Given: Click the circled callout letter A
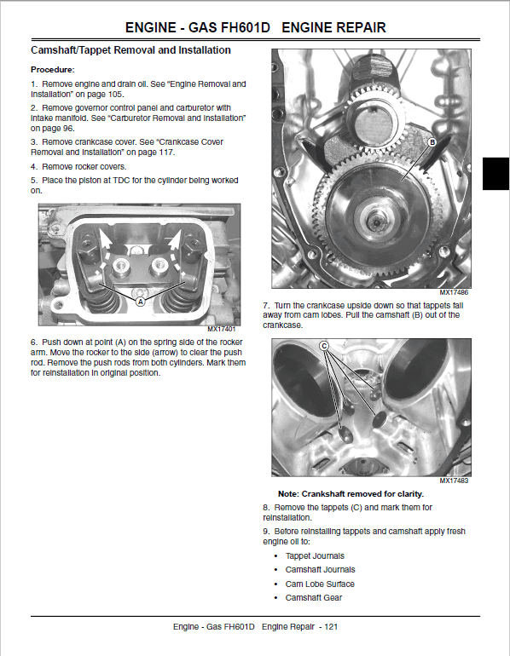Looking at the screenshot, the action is point(140,302).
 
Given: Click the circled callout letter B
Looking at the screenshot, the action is point(432,142).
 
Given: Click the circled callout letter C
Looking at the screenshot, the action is point(324,346).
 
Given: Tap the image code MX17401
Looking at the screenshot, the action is point(221,329).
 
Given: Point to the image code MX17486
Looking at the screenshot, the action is point(454,292).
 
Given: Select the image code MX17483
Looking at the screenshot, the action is point(454,480).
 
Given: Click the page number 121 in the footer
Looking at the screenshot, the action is point(331,627).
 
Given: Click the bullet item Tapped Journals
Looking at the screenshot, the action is point(315,556).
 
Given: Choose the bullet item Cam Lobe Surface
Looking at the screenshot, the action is point(320,584).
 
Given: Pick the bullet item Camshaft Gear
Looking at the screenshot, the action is point(314,598).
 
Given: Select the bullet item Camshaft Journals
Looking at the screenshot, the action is point(321,570).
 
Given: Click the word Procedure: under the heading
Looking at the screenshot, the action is point(53,70).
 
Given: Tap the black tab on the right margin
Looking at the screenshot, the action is point(496,174).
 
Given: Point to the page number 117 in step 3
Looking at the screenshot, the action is point(166,152).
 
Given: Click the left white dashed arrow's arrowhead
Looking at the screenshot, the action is point(104,239).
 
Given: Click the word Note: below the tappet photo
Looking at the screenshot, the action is point(288,494).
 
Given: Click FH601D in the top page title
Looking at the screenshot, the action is point(246,27).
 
